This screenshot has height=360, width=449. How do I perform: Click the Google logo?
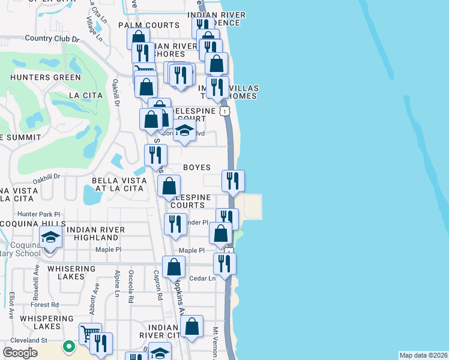point(20,353)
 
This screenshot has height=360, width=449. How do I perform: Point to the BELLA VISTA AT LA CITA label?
point(118,184)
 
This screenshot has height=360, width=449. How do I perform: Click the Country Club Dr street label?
point(52,38)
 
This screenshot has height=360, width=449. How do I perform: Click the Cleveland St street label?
point(27,340)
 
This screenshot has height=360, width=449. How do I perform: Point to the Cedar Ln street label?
point(203,278)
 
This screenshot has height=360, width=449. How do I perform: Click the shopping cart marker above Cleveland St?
point(90,333)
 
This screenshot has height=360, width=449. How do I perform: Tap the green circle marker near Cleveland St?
point(70,346)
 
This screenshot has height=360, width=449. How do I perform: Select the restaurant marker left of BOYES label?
point(155,155)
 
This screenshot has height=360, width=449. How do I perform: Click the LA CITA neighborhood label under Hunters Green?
point(82,95)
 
